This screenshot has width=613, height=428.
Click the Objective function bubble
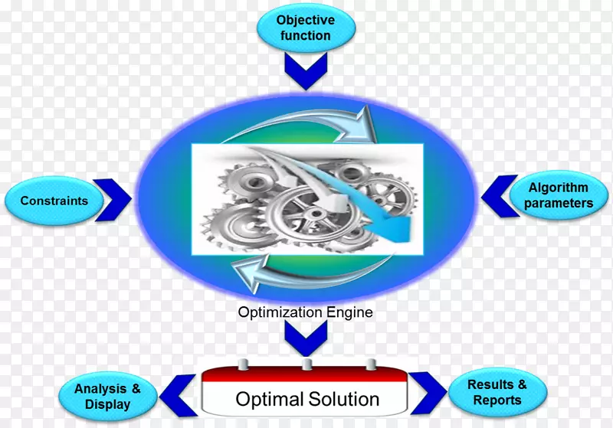(304, 28)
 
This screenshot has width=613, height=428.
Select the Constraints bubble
(54, 201)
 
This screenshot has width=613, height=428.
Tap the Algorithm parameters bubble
(559, 195)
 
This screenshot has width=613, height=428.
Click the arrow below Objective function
(305, 72)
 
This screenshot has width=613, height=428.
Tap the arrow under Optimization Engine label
(306, 337)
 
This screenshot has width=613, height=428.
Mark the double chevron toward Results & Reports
(427, 390)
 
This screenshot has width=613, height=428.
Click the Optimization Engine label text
(305, 312)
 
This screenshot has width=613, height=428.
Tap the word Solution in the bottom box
(343, 399)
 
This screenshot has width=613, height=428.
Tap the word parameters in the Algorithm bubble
(559, 204)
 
